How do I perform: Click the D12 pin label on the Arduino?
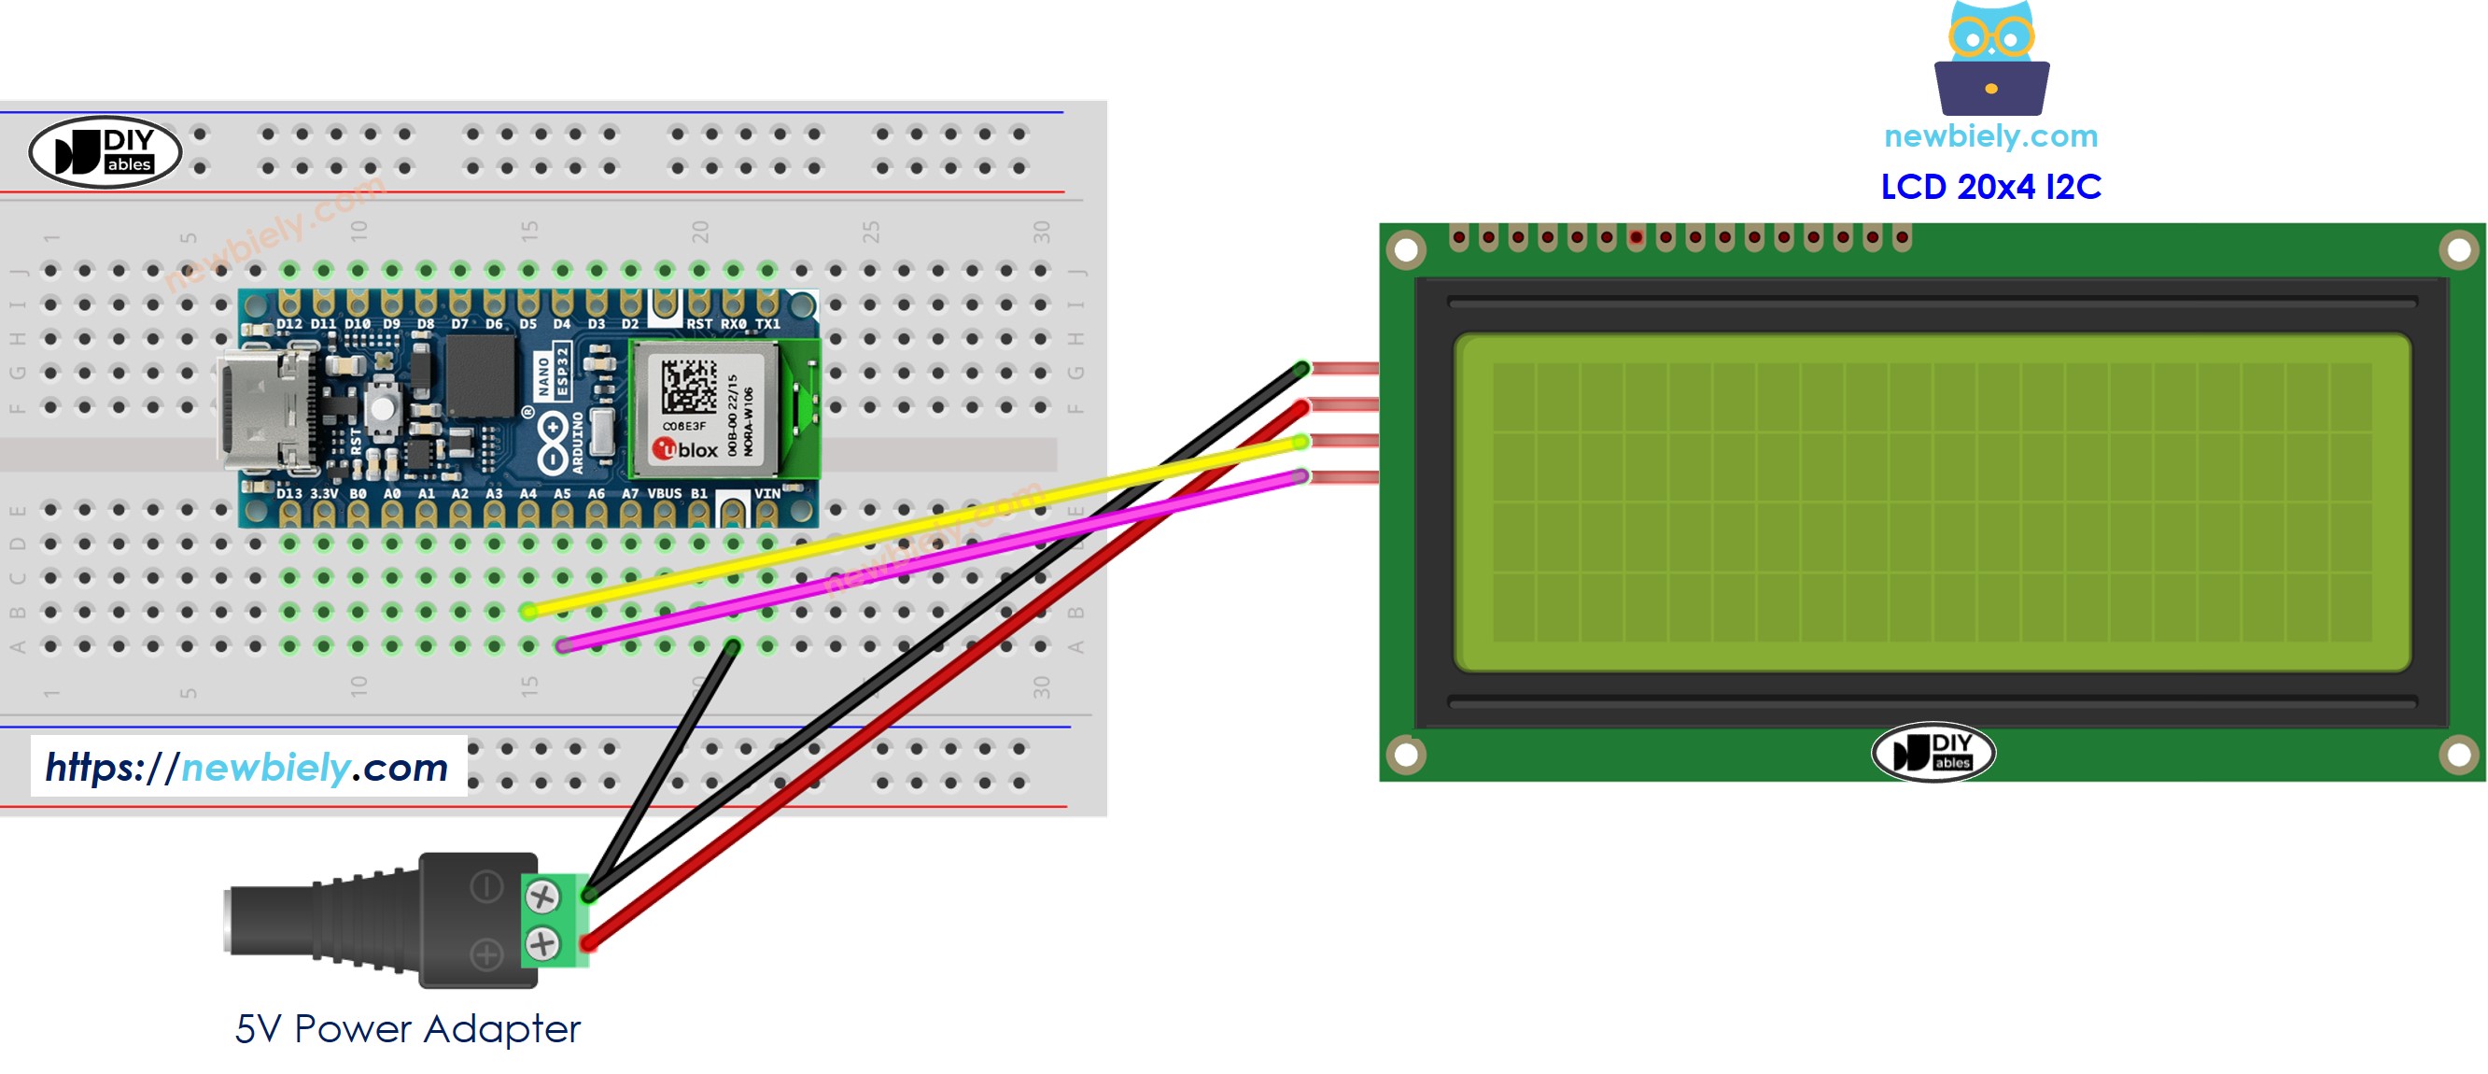tap(288, 324)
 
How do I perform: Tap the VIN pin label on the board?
tap(766, 493)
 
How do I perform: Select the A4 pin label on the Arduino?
tap(527, 493)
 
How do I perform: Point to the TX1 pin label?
tap(766, 324)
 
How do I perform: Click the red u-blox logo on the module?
tap(665, 449)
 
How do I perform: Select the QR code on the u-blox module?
tap(689, 387)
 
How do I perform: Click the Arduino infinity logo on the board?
tap(553, 443)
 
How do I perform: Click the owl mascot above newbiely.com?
tap(1990, 58)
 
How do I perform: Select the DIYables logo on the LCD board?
tap(1933, 753)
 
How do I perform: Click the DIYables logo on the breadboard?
tap(105, 152)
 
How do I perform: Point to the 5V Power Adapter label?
tap(407, 1029)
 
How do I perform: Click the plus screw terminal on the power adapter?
tap(542, 943)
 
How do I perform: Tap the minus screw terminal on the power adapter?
tap(542, 897)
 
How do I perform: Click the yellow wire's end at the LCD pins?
tap(1301, 442)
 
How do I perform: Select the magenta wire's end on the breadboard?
tap(563, 645)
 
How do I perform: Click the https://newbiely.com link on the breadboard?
tap(247, 768)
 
